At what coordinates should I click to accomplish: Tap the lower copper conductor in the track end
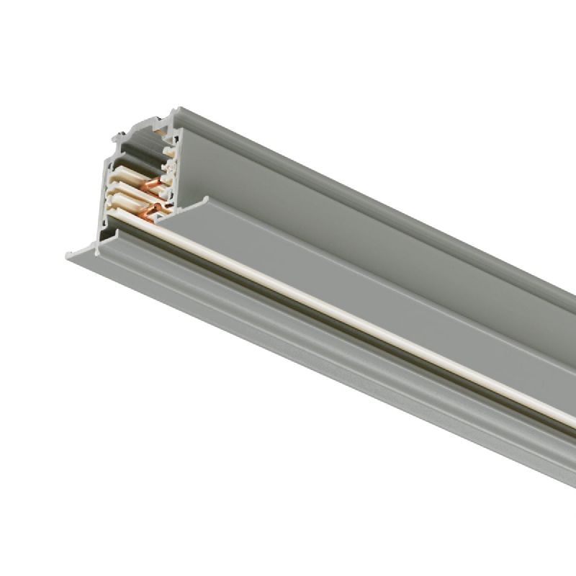pyautogui.click(x=153, y=211)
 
